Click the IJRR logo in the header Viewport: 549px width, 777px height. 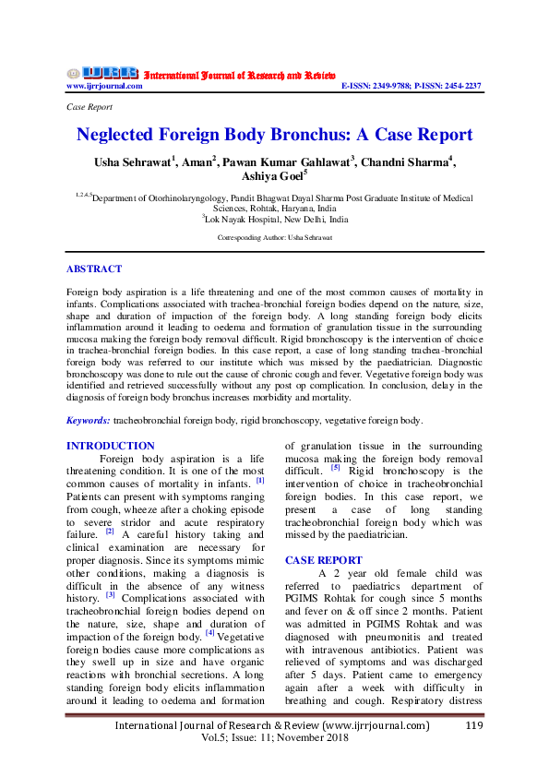101,73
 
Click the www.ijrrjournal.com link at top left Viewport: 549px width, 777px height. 104,86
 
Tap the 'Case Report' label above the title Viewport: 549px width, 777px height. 90,107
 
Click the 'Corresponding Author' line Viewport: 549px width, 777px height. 274,238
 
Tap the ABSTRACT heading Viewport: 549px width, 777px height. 93,269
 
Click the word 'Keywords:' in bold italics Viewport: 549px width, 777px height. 89,421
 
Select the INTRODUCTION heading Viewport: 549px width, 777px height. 111,446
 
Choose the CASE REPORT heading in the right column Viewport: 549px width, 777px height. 324,560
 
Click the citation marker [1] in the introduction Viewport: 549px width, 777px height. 260,480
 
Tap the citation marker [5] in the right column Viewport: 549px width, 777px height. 336,468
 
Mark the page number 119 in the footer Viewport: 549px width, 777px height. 473,726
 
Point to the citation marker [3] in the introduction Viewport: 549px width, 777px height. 110,596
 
